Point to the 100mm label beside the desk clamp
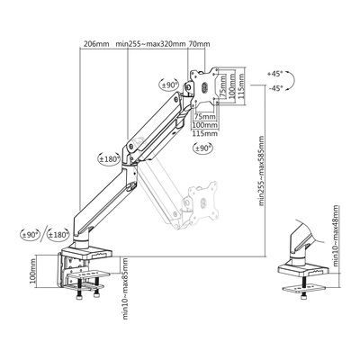(x=31, y=274)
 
